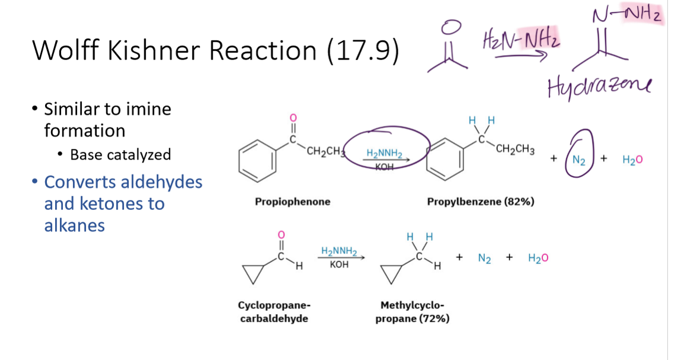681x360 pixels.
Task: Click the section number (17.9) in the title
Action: [363, 51]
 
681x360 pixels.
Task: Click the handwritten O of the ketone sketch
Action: [452, 27]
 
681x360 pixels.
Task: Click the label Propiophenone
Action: [292, 202]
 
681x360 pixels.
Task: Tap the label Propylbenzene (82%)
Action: [481, 202]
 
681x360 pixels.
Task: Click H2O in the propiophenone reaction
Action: [632, 160]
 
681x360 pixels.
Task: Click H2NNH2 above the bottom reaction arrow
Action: [339, 251]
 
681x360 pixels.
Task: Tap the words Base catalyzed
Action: [120, 155]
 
